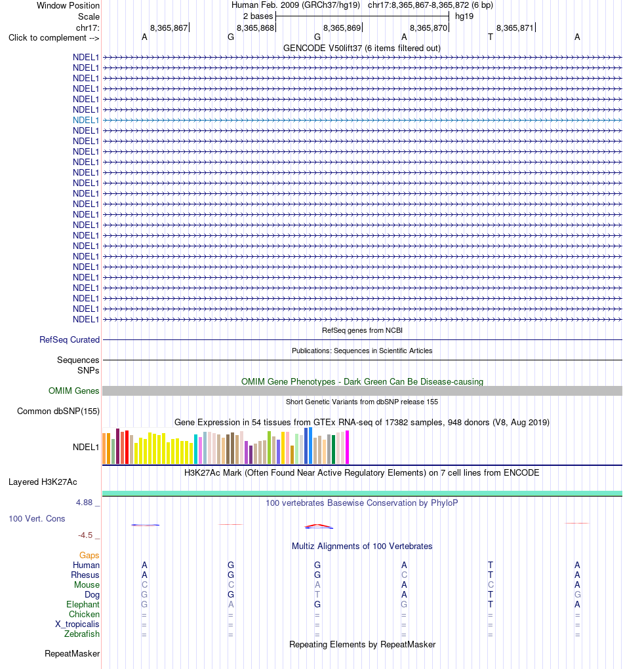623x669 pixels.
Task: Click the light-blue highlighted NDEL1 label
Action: tap(86, 121)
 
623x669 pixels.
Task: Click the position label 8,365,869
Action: tap(342, 28)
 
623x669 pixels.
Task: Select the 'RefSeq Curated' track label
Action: tap(70, 339)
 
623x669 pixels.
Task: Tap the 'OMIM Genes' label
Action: tap(74, 391)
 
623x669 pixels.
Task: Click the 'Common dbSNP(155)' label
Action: tap(58, 411)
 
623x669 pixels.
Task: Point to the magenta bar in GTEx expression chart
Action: tap(347, 447)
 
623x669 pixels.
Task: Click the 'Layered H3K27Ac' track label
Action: tap(43, 482)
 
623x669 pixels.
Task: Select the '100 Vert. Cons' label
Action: tap(37, 519)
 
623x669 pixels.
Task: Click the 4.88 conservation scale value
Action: tap(84, 503)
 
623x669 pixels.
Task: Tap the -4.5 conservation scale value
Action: tap(85, 535)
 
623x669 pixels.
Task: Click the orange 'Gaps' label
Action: tap(89, 555)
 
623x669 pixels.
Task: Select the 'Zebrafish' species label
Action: tap(82, 634)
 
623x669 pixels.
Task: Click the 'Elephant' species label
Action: tap(83, 605)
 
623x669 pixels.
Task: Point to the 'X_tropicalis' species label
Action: tap(77, 624)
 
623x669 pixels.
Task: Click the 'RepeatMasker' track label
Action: tap(72, 654)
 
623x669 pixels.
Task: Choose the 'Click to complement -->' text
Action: tap(54, 37)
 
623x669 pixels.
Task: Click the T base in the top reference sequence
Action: tap(490, 37)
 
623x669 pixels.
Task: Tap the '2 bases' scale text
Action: tap(258, 16)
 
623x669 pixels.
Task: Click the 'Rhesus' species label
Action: tap(85, 575)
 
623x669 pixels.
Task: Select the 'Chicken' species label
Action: tap(84, 615)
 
